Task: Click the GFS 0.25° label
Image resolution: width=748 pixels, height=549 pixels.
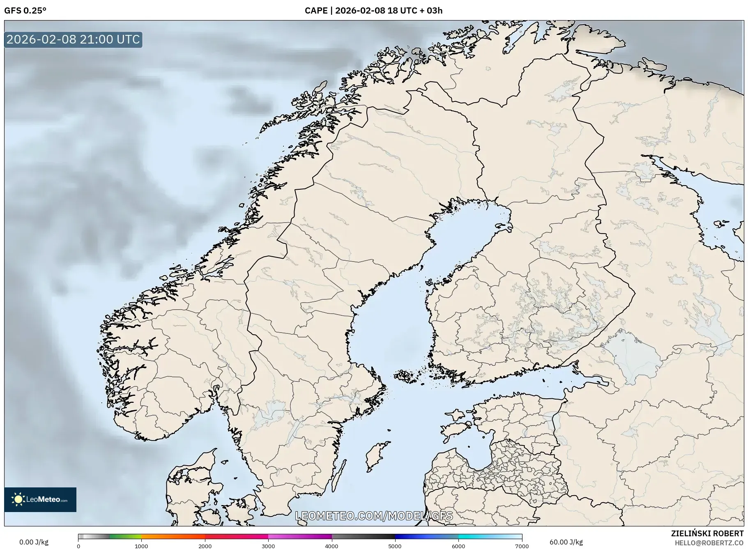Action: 25,11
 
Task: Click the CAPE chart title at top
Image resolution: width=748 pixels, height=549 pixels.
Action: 373,11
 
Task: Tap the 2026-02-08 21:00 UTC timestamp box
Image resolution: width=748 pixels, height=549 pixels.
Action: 73,39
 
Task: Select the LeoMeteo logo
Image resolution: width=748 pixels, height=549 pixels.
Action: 40,499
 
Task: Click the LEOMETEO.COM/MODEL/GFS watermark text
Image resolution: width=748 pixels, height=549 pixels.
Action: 374,516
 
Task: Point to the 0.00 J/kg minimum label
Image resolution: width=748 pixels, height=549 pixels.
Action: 34,542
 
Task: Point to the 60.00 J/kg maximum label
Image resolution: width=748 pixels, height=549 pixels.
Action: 566,542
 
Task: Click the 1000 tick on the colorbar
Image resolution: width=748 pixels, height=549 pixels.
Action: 141,546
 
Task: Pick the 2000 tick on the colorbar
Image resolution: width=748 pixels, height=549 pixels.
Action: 205,546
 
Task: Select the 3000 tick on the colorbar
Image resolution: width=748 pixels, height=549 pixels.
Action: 268,546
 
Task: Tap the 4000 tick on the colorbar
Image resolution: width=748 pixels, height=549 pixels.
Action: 331,546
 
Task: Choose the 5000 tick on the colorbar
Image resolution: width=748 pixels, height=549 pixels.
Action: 395,546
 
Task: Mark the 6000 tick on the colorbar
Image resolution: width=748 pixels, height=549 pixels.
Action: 458,546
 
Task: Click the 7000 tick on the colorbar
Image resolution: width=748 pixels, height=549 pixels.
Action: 522,546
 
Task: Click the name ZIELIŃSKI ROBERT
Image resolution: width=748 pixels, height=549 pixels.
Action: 707,533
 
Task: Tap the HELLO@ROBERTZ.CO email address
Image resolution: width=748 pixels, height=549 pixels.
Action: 709,543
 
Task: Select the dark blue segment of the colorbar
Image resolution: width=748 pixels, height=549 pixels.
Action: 411,536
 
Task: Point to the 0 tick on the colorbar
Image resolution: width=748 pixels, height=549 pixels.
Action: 78,546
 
